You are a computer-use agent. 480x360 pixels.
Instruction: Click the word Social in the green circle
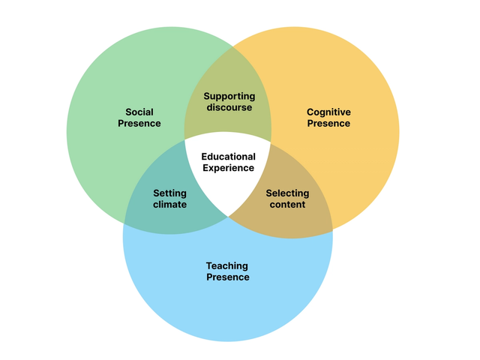click(x=139, y=112)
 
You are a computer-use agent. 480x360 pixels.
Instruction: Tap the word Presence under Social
click(x=139, y=123)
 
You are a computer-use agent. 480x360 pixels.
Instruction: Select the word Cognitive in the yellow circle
click(x=328, y=112)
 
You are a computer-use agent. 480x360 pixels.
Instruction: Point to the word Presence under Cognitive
click(x=328, y=123)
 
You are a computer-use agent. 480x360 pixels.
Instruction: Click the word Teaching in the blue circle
click(x=227, y=266)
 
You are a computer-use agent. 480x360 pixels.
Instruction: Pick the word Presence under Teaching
click(x=227, y=277)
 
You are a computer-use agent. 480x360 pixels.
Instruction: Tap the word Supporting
click(x=229, y=97)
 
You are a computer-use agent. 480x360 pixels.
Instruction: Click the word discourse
click(x=229, y=107)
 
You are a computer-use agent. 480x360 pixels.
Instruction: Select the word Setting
click(x=169, y=193)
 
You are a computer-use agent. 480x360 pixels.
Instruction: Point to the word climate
click(x=169, y=204)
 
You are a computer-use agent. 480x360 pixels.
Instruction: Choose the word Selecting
click(x=287, y=193)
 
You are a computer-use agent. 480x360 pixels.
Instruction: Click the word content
click(x=287, y=204)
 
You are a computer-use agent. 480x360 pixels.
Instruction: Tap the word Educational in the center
click(x=229, y=157)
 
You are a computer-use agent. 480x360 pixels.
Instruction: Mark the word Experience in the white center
click(x=229, y=167)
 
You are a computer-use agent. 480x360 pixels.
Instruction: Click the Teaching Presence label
click(x=227, y=271)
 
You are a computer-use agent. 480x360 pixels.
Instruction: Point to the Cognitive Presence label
click(x=328, y=118)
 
